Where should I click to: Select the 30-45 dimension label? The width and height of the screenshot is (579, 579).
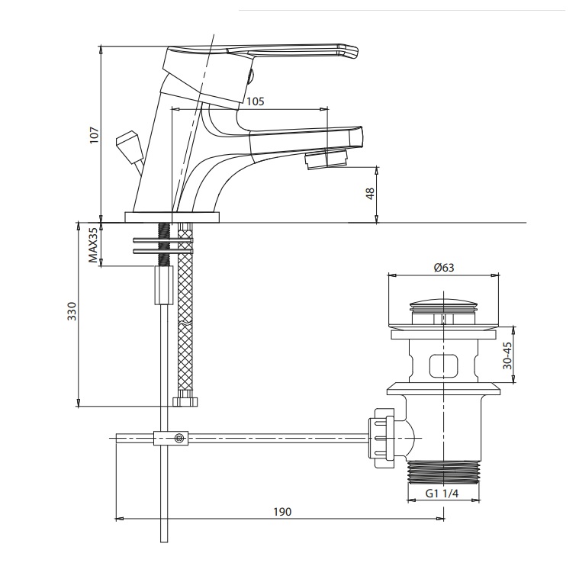point(507,355)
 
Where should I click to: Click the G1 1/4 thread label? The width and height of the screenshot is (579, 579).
point(442,494)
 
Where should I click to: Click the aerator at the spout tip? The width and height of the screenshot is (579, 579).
point(325,160)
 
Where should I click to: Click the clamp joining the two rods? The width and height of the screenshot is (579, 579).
point(171,438)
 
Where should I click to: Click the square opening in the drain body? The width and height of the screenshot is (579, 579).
point(443,365)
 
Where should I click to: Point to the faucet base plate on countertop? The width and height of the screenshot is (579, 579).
point(172,217)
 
